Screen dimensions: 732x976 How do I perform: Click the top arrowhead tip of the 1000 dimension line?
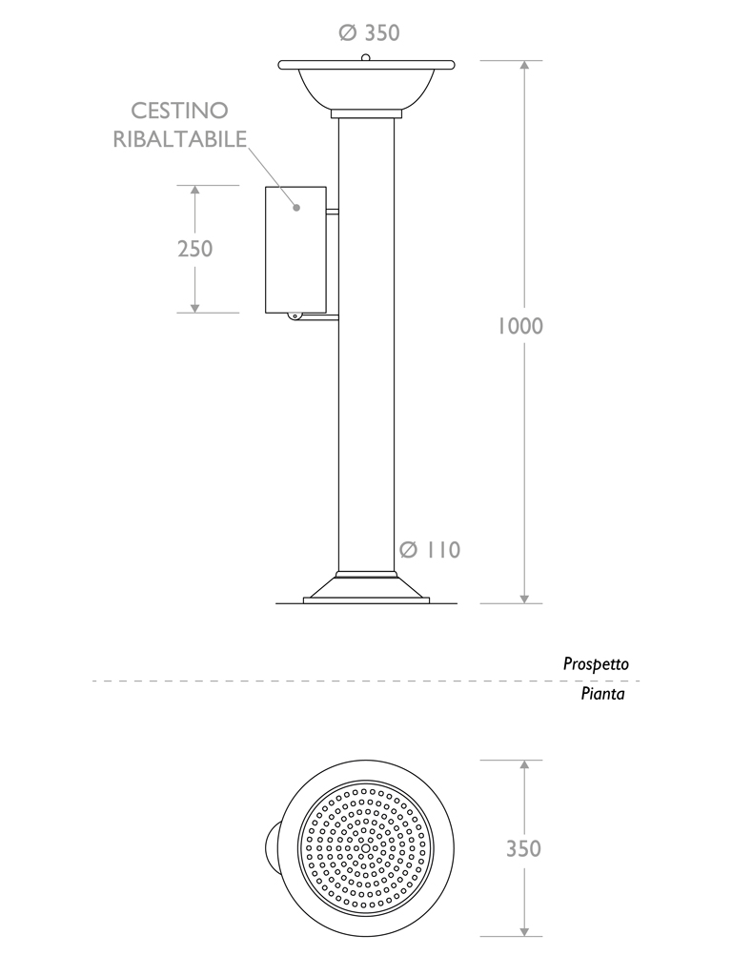click(x=525, y=61)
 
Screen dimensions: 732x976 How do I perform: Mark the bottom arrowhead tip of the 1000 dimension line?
click(x=525, y=603)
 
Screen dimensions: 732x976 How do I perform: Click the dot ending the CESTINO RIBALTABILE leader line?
click(x=297, y=207)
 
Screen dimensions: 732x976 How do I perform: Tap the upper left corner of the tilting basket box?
click(x=266, y=187)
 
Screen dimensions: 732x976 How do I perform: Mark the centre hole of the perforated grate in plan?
click(x=365, y=847)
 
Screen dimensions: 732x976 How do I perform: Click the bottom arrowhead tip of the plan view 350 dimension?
click(x=525, y=936)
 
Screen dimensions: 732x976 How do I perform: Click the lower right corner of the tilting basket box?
click(x=326, y=313)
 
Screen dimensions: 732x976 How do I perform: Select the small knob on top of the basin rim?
click(x=366, y=58)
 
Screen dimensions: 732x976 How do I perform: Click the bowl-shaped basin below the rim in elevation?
click(x=366, y=88)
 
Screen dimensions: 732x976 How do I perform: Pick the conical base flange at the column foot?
click(x=366, y=587)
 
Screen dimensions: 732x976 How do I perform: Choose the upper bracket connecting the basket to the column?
click(x=333, y=212)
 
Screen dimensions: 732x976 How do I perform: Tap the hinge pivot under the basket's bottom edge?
click(x=294, y=315)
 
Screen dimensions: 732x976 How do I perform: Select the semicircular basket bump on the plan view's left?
click(x=272, y=847)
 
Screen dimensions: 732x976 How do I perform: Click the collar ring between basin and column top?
click(x=366, y=114)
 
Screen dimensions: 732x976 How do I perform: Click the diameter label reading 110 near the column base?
click(x=430, y=550)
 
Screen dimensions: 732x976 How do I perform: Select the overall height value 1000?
click(x=520, y=326)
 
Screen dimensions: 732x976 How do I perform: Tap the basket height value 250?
click(x=194, y=249)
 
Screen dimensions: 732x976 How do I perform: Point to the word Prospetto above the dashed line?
click(x=596, y=664)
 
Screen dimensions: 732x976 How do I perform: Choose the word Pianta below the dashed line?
click(x=602, y=694)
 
